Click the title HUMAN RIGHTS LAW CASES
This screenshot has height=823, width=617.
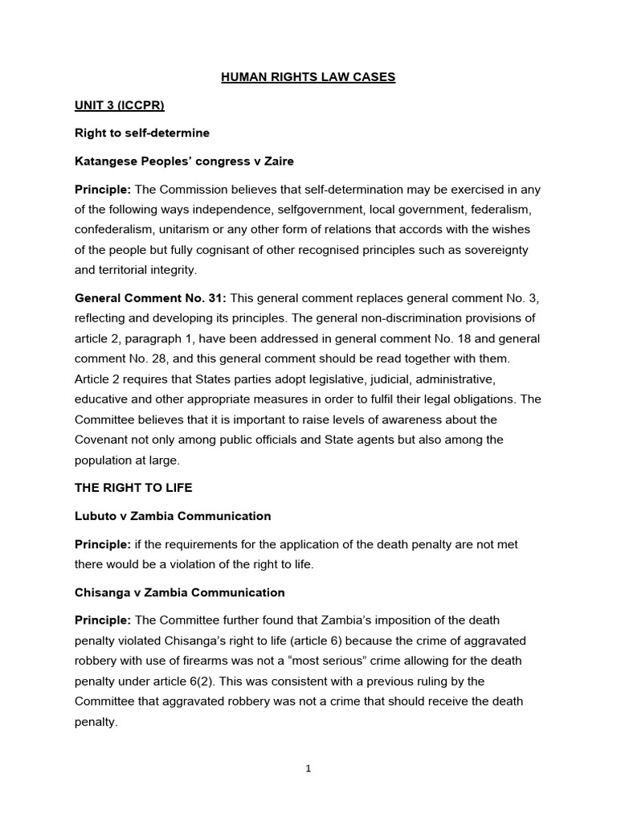308,77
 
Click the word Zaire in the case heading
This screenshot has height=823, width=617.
277,162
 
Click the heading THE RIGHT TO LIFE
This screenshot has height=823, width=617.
133,488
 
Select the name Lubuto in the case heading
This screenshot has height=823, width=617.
96,516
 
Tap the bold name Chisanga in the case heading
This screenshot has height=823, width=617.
103,592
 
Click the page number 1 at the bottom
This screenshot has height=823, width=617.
308,768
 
